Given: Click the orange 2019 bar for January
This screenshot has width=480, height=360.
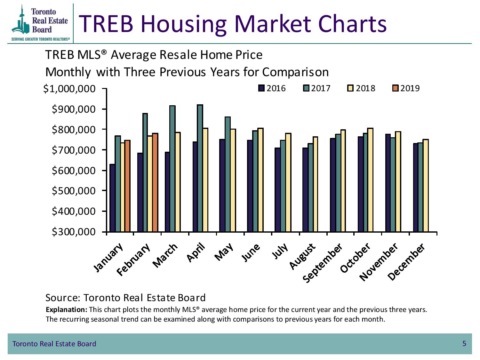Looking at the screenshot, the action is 127,186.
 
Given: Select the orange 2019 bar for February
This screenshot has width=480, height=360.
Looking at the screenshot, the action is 155,182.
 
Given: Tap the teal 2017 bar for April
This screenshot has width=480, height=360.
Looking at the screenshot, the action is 200,168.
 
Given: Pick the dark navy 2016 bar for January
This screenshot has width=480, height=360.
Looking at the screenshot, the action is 112,198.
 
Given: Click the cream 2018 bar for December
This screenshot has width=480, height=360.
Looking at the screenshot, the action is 426,186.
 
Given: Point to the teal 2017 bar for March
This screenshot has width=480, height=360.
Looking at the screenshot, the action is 172,169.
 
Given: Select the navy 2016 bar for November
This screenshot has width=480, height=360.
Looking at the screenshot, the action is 388,183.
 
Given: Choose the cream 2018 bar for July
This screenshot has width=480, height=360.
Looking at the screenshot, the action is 288,182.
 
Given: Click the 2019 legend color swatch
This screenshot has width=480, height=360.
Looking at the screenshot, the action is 396,88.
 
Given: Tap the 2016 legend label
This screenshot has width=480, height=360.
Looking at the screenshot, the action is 276,88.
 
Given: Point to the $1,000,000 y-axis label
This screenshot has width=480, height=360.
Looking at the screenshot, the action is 69,89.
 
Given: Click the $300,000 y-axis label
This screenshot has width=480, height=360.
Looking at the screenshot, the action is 74,232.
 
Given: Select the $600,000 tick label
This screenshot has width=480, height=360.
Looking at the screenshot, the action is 74,171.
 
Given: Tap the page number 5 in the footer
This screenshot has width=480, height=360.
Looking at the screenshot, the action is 464,344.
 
